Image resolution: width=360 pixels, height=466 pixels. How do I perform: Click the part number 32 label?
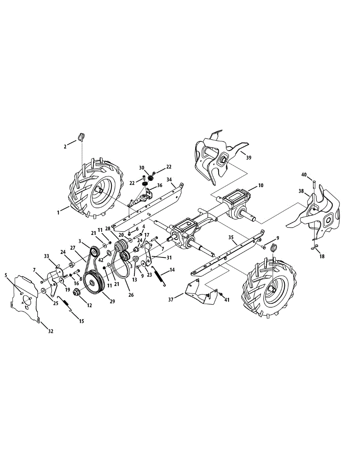click(x=50, y=331)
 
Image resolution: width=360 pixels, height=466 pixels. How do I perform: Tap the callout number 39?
click(x=249, y=158)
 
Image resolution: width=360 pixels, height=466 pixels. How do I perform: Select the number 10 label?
click(x=260, y=186)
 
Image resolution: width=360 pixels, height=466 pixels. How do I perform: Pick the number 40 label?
click(x=304, y=175)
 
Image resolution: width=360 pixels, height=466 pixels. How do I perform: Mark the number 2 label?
click(x=65, y=146)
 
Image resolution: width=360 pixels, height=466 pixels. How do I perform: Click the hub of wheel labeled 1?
click(x=99, y=190)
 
